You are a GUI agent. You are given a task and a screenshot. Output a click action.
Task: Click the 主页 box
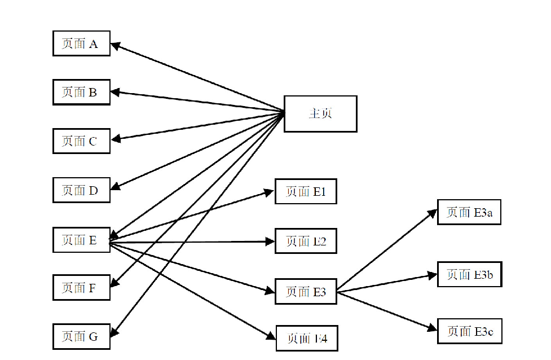[320, 113]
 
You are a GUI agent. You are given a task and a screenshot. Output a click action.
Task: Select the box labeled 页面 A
[81, 44]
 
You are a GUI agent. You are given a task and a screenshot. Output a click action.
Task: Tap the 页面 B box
[81, 92]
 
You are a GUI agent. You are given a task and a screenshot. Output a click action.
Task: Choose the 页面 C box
[81, 141]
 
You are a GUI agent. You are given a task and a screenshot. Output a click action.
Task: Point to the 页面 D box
[81, 190]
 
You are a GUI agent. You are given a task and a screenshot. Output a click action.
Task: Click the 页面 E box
[81, 240]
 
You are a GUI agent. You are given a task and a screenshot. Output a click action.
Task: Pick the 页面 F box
[81, 288]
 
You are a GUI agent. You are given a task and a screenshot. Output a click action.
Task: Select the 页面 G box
[81, 336]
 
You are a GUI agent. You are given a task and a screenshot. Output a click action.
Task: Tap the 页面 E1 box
[306, 192]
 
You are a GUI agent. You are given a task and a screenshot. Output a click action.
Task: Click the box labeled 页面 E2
[306, 241]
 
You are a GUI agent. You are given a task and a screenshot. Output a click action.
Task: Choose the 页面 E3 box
[306, 292]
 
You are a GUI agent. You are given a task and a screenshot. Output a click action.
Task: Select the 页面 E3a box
[469, 212]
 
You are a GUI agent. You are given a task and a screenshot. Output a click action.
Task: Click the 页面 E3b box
[469, 274]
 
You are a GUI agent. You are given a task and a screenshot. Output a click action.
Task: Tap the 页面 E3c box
[469, 332]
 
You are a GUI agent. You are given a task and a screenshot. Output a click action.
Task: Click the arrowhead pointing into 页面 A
[114, 45]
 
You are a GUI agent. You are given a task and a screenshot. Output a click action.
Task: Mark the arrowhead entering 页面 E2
[271, 242]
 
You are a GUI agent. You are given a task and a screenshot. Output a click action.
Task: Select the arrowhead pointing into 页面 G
[114, 332]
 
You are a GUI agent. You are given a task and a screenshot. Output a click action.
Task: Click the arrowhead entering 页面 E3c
[433, 328]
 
